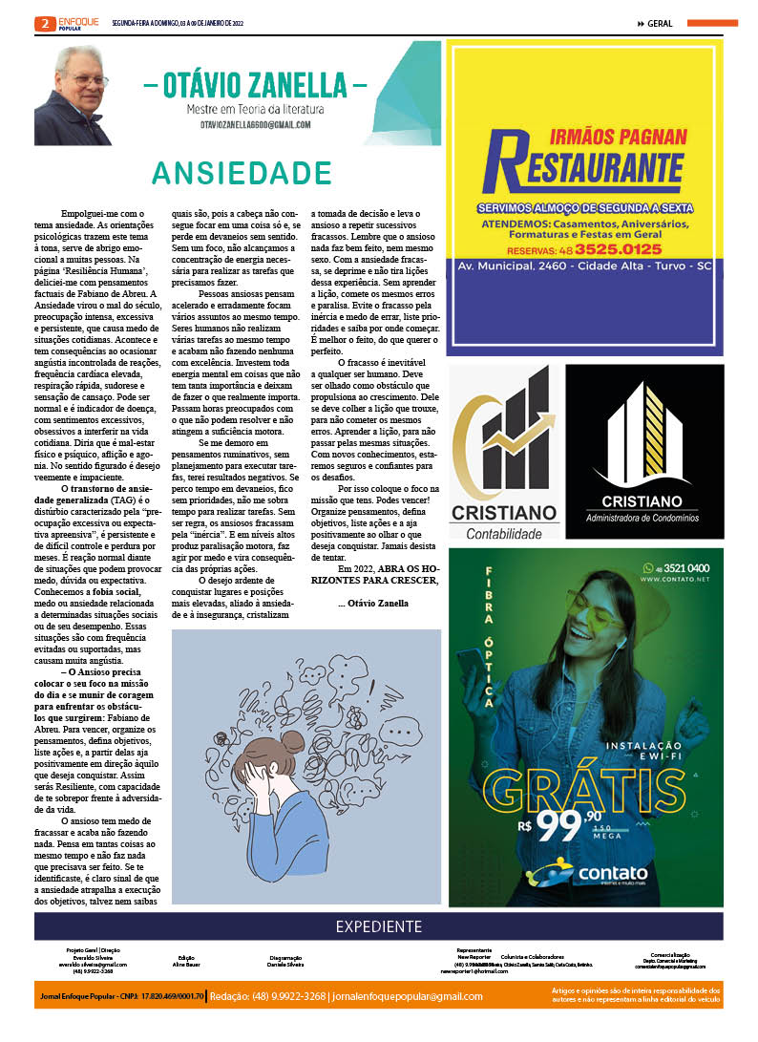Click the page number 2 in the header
click(x=43, y=23)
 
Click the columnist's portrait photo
click(x=73, y=95)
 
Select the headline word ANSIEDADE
click(x=242, y=173)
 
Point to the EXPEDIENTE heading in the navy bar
click(x=378, y=926)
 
